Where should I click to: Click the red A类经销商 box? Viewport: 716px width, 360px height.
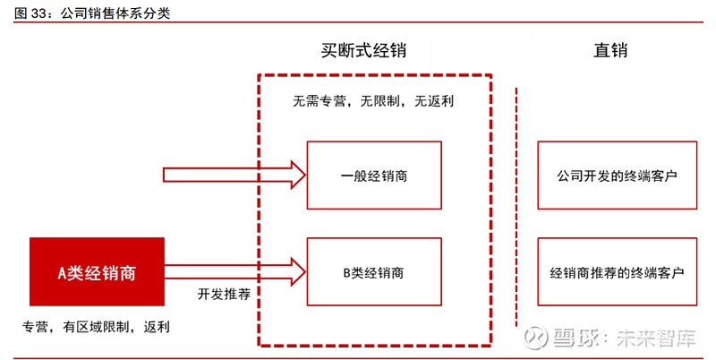97,272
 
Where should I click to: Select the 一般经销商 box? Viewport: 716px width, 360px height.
374,176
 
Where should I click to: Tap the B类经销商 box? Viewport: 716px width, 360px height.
374,272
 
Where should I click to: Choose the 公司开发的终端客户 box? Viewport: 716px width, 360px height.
617,176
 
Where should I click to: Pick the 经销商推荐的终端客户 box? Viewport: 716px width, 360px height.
617,272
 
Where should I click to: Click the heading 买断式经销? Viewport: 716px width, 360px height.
363,50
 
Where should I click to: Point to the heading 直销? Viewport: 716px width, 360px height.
610,50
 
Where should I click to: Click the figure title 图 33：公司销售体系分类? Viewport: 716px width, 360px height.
92,13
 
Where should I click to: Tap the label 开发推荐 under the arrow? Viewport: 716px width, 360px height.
224,294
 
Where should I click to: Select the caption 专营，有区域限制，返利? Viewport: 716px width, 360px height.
96,327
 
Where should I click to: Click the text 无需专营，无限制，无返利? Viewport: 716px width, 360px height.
373,101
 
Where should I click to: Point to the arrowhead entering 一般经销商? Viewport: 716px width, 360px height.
299,175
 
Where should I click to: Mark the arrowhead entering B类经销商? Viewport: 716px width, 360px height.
299,272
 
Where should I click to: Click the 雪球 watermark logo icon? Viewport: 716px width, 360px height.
535,339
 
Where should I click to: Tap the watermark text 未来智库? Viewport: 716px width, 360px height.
656,339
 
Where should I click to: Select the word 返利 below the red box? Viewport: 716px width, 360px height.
157,327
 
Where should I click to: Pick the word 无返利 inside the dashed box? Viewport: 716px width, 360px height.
434,101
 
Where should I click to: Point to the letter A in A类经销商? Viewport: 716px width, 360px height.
62,273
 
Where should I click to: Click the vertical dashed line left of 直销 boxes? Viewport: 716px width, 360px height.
516,207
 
